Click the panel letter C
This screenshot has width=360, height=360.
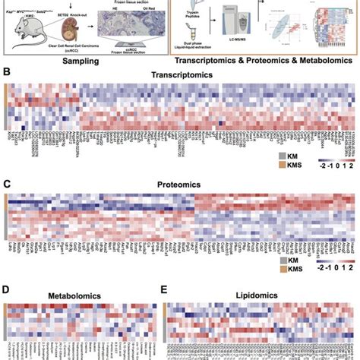[8, 183]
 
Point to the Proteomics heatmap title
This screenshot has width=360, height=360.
[180, 185]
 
